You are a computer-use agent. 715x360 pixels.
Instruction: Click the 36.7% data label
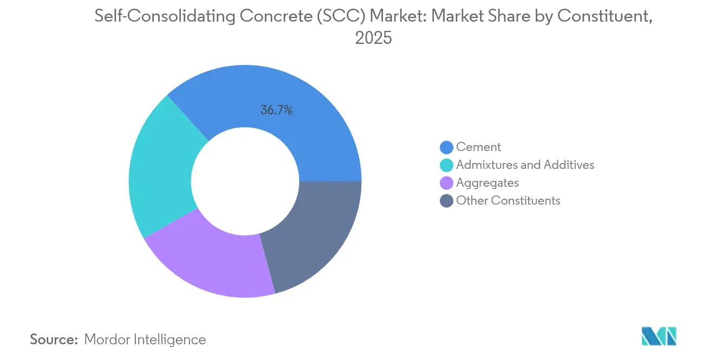[276, 110]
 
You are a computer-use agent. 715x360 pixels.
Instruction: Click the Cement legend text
[478, 147]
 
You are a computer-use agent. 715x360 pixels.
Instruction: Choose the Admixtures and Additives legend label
[525, 165]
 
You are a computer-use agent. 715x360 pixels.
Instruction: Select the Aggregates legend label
[487, 182]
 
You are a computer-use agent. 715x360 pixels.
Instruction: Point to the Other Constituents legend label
[508, 200]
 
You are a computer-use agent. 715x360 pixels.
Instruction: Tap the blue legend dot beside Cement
[447, 147]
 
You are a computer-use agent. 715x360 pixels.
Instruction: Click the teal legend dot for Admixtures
[447, 165]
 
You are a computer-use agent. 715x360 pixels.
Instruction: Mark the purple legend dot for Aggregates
[447, 182]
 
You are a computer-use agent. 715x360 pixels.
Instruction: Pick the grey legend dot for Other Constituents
[447, 200]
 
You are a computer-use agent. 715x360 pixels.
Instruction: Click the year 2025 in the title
[373, 38]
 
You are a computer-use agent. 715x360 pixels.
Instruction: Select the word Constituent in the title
[603, 16]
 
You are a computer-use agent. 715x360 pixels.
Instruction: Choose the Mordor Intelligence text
[145, 339]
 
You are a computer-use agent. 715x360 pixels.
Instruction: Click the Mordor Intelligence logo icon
[659, 336]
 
